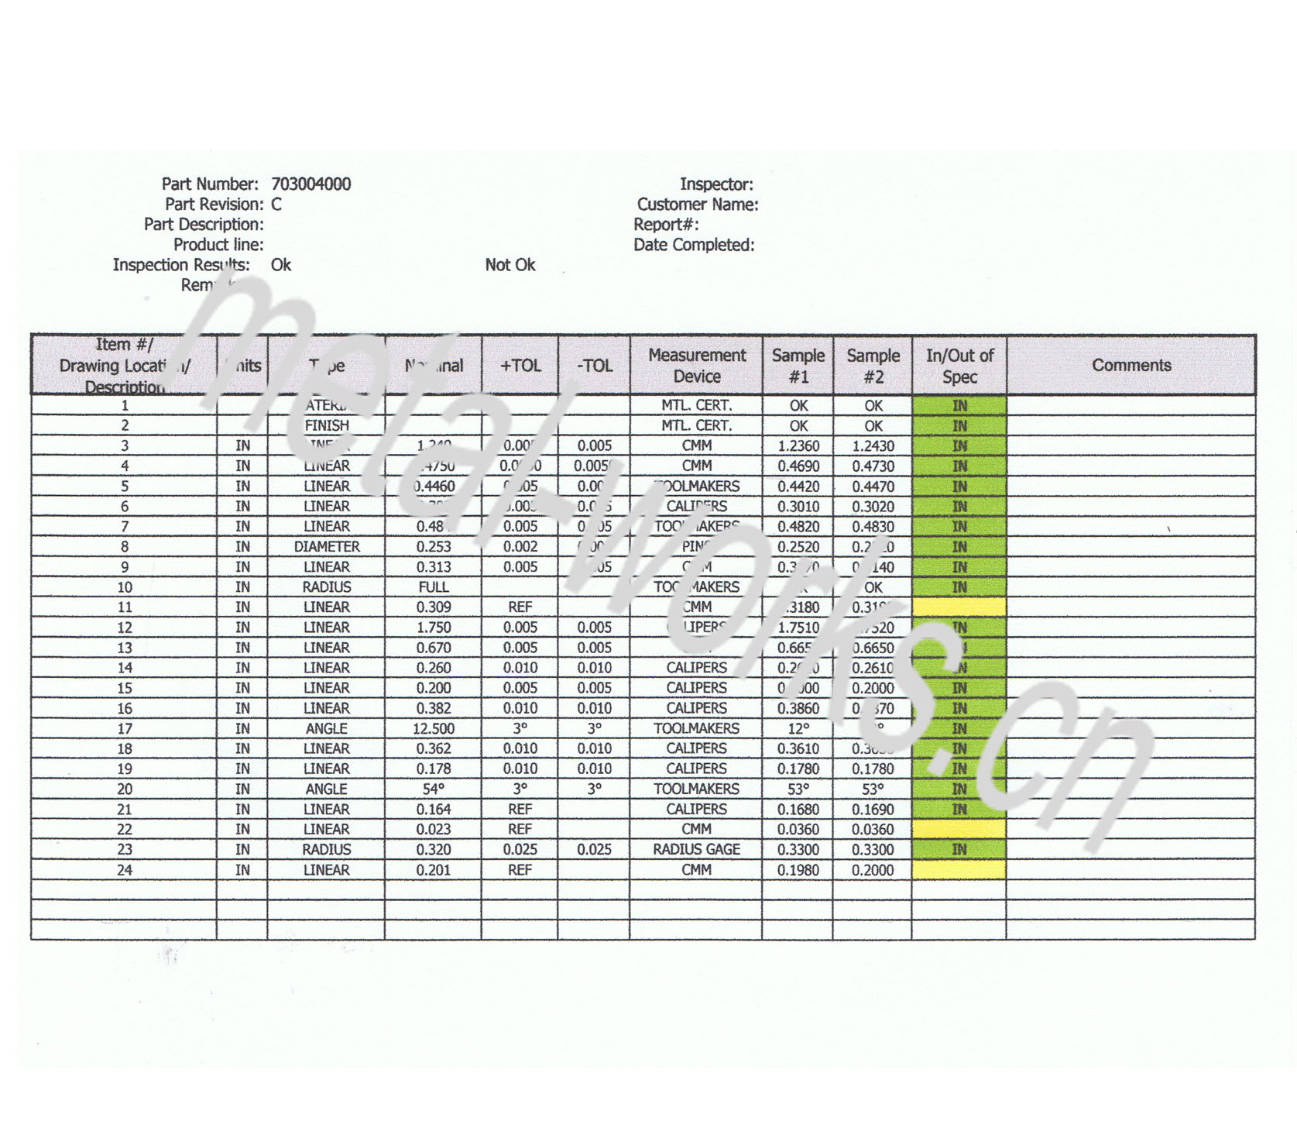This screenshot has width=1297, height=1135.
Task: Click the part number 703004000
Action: (x=311, y=184)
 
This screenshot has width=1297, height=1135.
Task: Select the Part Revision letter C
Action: (x=276, y=205)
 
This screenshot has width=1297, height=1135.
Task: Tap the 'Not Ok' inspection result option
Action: (x=510, y=265)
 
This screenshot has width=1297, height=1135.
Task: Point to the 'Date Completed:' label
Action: (x=694, y=245)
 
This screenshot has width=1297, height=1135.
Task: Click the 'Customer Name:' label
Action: (x=697, y=205)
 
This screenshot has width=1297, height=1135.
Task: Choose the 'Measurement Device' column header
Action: (x=696, y=366)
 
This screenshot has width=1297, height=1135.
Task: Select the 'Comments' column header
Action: (x=1131, y=365)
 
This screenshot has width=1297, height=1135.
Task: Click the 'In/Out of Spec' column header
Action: (x=959, y=366)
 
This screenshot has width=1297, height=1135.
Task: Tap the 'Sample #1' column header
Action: (x=798, y=366)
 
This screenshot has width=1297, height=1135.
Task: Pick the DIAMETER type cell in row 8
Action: (x=326, y=547)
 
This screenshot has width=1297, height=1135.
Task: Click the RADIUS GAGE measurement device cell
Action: (x=696, y=850)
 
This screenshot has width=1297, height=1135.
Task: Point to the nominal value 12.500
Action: (x=434, y=729)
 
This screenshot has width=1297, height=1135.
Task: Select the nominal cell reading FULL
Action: (x=434, y=587)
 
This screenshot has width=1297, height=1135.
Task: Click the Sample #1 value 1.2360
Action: (x=798, y=446)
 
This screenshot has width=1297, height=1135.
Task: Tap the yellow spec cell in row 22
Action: (x=959, y=830)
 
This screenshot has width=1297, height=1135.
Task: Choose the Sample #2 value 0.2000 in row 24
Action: (x=873, y=870)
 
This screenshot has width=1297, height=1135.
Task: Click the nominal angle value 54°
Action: (x=434, y=789)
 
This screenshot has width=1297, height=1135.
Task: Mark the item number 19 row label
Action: (x=124, y=769)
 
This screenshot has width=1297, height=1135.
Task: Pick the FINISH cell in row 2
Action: (x=326, y=426)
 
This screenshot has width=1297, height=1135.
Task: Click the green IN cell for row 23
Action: (x=959, y=850)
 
